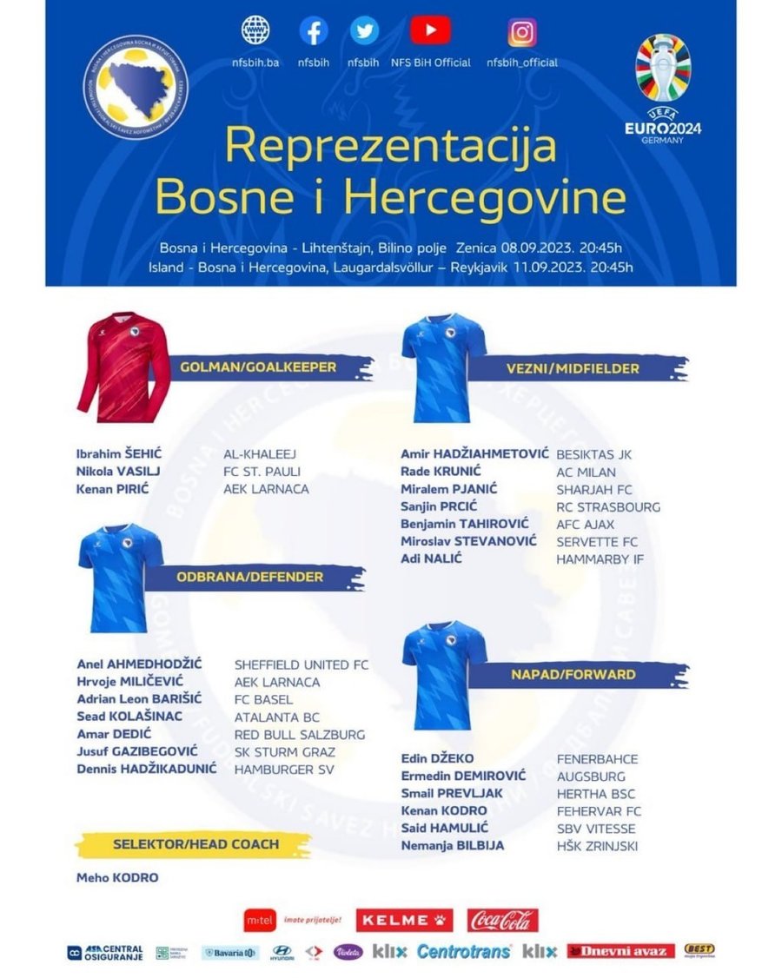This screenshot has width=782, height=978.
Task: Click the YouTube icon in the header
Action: (430, 31)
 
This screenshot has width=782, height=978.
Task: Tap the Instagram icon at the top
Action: (521, 32)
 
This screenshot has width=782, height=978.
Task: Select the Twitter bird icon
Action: (364, 31)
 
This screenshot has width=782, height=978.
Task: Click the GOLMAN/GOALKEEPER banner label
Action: (258, 367)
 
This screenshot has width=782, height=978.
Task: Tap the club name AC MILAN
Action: (586, 472)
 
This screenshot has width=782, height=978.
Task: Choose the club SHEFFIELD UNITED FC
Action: (302, 665)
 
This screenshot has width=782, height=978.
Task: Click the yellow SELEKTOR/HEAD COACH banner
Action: (195, 844)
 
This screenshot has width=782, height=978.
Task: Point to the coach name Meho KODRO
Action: (117, 877)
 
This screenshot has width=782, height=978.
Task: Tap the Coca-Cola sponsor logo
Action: (503, 920)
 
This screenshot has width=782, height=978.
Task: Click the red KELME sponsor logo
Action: (404, 920)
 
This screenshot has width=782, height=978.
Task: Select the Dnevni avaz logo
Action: (620, 951)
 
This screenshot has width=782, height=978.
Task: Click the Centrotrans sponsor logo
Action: (464, 952)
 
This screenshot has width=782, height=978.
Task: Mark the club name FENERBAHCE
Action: (597, 759)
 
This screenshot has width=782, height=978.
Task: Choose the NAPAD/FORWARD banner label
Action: (572, 674)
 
